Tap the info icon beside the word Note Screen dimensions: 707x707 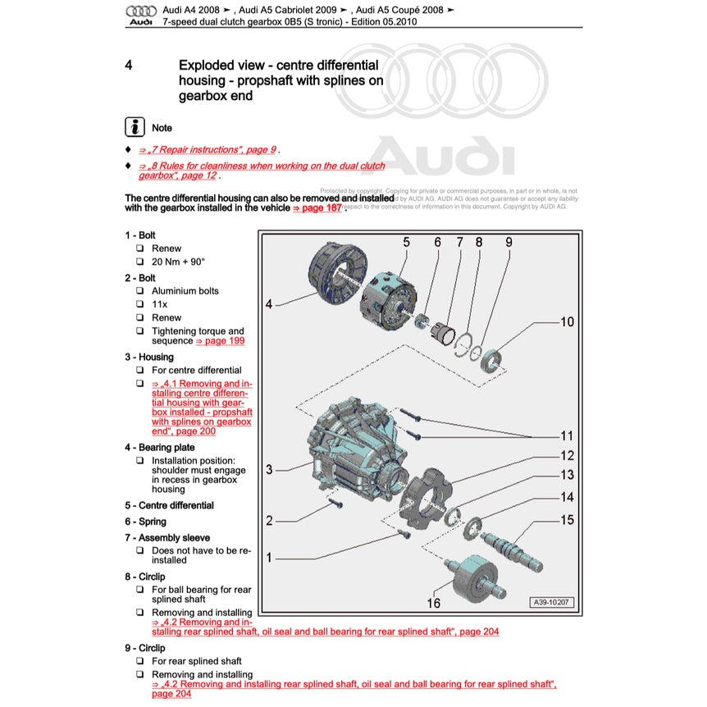click(x=135, y=127)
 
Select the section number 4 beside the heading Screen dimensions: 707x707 click(x=129, y=65)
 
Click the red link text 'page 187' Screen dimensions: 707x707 click(x=317, y=208)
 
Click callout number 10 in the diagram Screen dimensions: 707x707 click(x=567, y=322)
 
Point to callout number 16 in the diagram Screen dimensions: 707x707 click(x=433, y=603)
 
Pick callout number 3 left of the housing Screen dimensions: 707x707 click(x=269, y=470)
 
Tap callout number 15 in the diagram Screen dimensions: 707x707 click(x=567, y=519)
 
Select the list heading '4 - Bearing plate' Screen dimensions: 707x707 click(x=159, y=447)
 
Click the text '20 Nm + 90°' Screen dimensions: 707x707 click(x=178, y=262)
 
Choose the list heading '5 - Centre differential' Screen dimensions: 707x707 click(x=169, y=505)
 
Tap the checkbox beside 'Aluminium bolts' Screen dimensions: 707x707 click(x=140, y=291)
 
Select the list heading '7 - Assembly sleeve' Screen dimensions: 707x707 click(x=167, y=537)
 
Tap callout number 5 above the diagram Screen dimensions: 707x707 click(x=405, y=242)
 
